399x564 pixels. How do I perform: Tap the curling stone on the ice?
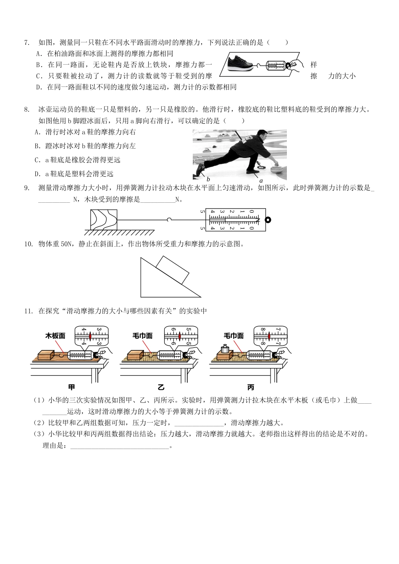[x=277, y=169]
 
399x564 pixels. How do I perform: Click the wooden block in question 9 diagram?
[x=103, y=219]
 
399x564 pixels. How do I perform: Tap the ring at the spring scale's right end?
[x=268, y=219]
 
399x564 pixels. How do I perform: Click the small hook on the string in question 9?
[x=168, y=219]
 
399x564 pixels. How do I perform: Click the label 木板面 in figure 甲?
[x=55, y=336]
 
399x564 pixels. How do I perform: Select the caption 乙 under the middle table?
[x=161, y=387]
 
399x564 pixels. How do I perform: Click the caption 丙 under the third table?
[x=251, y=387]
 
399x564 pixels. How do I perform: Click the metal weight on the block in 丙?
[x=225, y=348]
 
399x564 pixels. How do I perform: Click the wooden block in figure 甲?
[x=46, y=355]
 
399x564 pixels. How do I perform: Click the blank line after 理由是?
[x=119, y=446]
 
